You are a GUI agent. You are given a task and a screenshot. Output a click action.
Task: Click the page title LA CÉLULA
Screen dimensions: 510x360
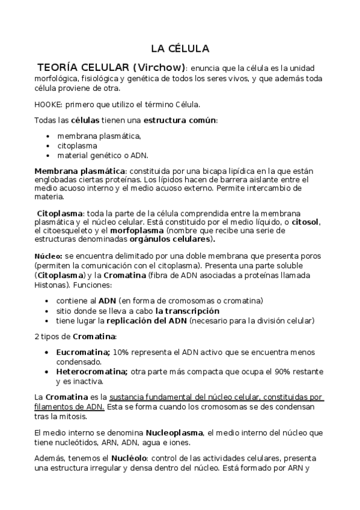(x=180, y=48)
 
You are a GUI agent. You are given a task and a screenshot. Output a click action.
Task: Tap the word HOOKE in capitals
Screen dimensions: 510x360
(x=47, y=104)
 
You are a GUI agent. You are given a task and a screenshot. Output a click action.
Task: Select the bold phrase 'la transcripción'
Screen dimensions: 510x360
(x=187, y=311)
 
